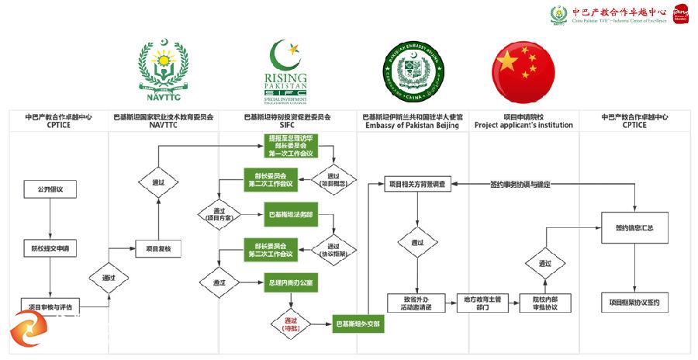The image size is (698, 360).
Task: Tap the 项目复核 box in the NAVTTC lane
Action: [x=158, y=248]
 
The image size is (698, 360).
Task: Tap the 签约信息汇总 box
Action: [x=634, y=229]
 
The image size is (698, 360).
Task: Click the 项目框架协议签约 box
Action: [x=634, y=303]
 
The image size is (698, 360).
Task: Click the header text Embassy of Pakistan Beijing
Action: [x=413, y=125]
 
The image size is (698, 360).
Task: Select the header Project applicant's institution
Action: [x=523, y=125]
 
